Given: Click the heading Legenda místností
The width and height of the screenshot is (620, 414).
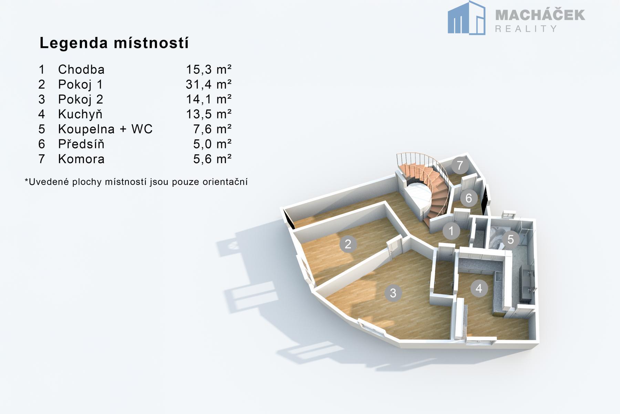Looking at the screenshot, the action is (x=114, y=43).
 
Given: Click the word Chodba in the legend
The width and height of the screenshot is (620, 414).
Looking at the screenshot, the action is (x=81, y=69).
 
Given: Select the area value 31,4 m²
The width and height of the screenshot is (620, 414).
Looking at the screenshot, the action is (x=209, y=84).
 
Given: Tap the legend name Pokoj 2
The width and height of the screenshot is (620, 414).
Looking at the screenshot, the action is (x=81, y=99).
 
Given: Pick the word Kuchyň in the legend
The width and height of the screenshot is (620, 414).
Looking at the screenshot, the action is (x=80, y=114).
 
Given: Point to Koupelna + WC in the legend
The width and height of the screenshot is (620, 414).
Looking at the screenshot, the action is (x=105, y=129).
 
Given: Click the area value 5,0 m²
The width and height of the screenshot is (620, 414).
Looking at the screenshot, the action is (x=212, y=144).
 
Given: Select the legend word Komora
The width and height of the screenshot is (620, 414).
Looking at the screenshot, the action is (x=81, y=159).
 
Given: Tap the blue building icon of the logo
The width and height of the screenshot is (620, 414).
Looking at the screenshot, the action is (x=466, y=18).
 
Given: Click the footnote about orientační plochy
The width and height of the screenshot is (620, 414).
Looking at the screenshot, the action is (x=136, y=182).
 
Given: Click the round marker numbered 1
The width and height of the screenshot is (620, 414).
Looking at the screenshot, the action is (x=451, y=231).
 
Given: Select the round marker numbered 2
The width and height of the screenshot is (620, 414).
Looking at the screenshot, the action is (x=348, y=244).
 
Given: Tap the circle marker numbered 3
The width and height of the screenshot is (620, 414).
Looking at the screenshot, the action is (x=393, y=293).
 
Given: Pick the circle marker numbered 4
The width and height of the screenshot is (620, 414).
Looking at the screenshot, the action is (x=479, y=288).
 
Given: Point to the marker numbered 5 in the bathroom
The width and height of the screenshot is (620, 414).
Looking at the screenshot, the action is (x=510, y=239).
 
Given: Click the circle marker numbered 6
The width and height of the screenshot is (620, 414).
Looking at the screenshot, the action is (x=469, y=198).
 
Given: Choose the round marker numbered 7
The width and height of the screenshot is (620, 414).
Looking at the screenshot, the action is (x=460, y=166).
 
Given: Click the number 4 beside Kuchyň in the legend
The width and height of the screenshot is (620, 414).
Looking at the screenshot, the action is (x=42, y=114).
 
